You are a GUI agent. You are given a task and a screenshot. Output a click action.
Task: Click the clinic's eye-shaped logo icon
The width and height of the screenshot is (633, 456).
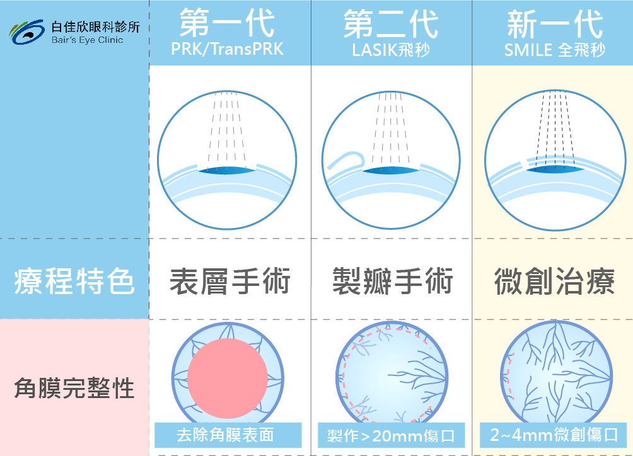[x=26, y=32]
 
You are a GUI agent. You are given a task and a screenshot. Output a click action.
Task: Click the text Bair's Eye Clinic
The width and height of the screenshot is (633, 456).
[x=87, y=40]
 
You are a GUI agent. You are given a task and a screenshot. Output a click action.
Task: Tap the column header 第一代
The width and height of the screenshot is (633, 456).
[x=227, y=23]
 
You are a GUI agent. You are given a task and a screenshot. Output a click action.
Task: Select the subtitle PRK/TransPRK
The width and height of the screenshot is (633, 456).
[x=227, y=49]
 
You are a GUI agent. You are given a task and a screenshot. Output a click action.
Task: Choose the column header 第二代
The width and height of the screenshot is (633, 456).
[x=391, y=24]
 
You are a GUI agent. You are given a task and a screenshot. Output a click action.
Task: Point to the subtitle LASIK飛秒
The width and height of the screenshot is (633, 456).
[x=391, y=50]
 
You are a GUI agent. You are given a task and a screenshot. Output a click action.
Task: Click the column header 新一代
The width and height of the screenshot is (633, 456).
[x=555, y=24]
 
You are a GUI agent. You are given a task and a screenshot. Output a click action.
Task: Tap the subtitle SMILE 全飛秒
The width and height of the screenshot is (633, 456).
[x=555, y=50]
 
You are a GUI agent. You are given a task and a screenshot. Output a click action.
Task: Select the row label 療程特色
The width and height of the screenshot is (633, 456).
[x=74, y=281]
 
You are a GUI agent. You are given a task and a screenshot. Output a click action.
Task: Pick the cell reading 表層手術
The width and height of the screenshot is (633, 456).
[x=230, y=281]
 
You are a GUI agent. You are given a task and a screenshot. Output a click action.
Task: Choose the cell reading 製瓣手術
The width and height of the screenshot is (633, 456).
[x=392, y=281]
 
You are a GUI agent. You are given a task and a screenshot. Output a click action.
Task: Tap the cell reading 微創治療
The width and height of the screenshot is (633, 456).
[x=555, y=281]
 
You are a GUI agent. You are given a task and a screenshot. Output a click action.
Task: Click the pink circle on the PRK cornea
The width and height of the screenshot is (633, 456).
[x=227, y=378]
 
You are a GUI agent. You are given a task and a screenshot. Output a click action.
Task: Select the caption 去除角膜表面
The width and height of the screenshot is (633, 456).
[x=225, y=435]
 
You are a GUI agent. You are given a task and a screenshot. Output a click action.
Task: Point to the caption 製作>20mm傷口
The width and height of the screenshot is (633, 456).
[x=391, y=436]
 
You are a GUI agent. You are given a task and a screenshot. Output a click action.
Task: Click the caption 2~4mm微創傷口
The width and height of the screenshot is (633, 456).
[x=554, y=435]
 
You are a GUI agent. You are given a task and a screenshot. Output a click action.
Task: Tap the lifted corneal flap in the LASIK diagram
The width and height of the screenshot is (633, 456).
[x=346, y=161]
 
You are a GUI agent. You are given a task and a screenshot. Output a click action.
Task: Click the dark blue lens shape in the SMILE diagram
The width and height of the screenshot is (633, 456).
[x=555, y=169]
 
